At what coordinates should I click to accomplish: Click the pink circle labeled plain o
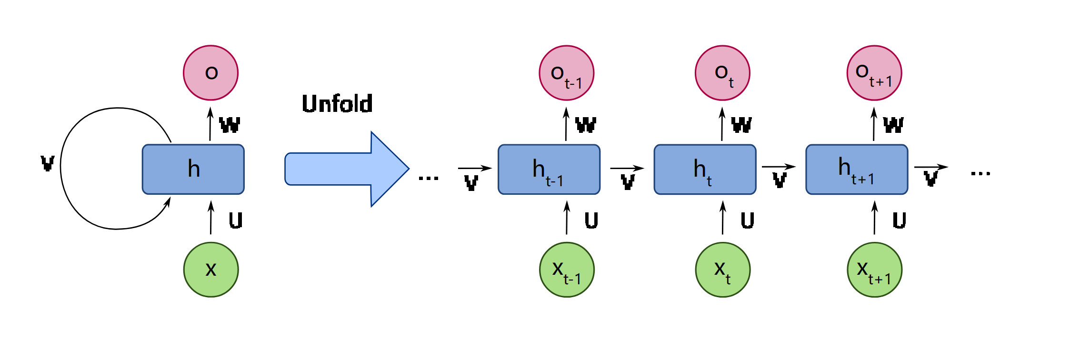point(211,73)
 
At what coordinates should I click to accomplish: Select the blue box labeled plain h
point(193,170)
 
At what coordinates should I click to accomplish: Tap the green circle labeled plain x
point(211,270)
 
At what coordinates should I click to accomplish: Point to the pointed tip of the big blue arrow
point(407,169)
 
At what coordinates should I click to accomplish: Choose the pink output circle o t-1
point(567,73)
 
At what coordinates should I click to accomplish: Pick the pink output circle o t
point(722,73)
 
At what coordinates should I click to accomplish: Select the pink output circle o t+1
point(874,73)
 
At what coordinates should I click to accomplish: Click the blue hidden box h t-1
point(549,170)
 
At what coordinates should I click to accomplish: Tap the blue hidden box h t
point(705,170)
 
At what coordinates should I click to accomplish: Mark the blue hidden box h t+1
point(857,170)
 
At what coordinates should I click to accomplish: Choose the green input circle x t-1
point(567,270)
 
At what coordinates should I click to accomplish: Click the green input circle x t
point(722,270)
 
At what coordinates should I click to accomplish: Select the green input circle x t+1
point(874,270)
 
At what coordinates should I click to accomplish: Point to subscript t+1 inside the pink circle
point(880,82)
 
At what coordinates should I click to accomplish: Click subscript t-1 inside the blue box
point(554,181)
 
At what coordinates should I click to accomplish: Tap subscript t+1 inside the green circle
point(880,279)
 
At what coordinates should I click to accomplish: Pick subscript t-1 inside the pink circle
point(573,84)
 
